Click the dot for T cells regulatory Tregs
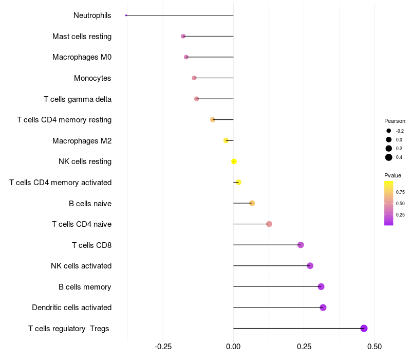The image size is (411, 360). point(364,329)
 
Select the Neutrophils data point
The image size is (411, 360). point(126,15)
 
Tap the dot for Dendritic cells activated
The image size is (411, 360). point(323,308)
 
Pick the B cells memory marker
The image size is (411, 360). point(321,286)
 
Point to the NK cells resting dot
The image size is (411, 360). point(234,161)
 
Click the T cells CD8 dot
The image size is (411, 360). point(301,245)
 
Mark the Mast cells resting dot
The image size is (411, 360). point(183,36)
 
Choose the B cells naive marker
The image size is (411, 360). point(252,203)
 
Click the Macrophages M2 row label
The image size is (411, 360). point(82,141)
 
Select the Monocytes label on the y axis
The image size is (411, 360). point(92,78)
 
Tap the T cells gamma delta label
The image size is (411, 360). point(78,99)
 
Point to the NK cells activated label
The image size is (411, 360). point(81,266)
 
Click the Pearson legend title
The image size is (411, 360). point(395,121)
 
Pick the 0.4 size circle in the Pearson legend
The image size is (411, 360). point(389,157)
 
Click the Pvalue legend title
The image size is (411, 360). point(393,176)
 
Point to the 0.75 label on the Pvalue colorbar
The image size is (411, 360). point(400,192)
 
